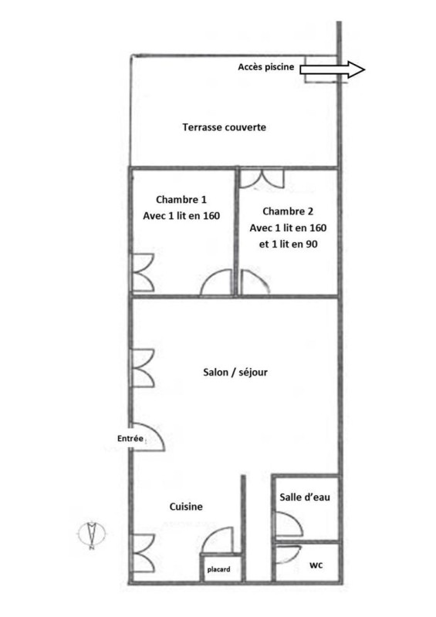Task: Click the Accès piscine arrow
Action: point(333,69)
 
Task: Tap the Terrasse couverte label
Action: point(224,127)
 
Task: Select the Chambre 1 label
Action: point(181,200)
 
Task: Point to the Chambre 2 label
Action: point(288,211)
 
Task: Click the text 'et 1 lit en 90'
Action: point(288,244)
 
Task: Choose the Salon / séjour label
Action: point(235,373)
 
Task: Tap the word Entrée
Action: point(130,438)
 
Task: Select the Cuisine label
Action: point(186,507)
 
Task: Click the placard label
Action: point(218,569)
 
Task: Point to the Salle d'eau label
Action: point(305,497)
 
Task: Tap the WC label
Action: point(316,565)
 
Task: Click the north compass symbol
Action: point(92,534)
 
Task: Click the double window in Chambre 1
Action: point(142,272)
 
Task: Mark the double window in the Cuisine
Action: point(143,553)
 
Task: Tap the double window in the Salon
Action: point(142,368)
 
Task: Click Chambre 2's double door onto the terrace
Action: point(262,179)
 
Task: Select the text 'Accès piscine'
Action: point(266,67)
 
